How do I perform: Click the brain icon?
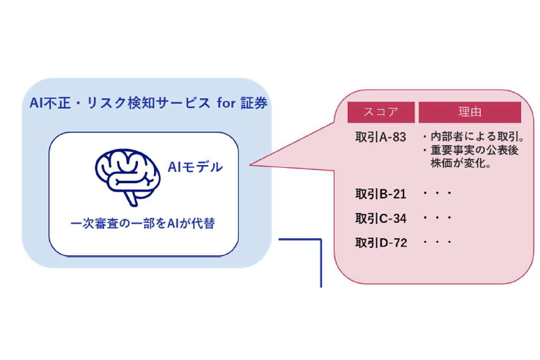pyautogui.click(x=128, y=169)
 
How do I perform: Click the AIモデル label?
pyautogui.click(x=195, y=167)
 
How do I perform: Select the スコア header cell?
pyautogui.click(x=381, y=112)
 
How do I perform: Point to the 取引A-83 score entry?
pyautogui.click(x=380, y=136)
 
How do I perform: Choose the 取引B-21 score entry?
pyautogui.click(x=380, y=194)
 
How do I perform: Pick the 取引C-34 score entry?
pyautogui.click(x=380, y=218)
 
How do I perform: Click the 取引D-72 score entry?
pyautogui.click(x=380, y=242)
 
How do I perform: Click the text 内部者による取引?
pyautogui.click(x=474, y=136)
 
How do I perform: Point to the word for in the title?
pyautogui.click(x=225, y=103)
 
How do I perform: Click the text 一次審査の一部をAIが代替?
pyautogui.click(x=143, y=224)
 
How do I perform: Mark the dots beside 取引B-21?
pyautogui.click(x=438, y=194)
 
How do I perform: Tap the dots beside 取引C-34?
pyautogui.click(x=438, y=218)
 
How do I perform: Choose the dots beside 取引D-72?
pyautogui.click(x=438, y=242)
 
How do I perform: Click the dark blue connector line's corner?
pyautogui.click(x=321, y=240)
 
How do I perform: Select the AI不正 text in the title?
pyautogui.click(x=48, y=103)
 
